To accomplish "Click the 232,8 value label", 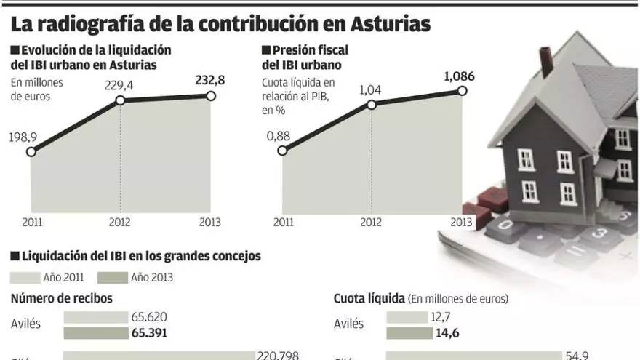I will tap(210, 80).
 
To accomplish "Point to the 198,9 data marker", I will tap(31, 152).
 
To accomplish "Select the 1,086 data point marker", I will tap(461, 91).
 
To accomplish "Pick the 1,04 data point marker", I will tap(371, 105).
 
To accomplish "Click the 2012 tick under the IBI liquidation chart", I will tap(120, 222).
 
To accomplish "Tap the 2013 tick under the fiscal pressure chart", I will tap(461, 222).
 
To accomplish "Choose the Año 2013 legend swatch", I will tap(112, 277).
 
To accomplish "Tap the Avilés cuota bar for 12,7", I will tap(407, 317).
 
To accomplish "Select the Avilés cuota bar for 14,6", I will tap(409, 332).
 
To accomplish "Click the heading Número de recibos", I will tap(62, 298).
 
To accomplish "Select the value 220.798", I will tap(279, 356).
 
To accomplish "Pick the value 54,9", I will tap(576, 356).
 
